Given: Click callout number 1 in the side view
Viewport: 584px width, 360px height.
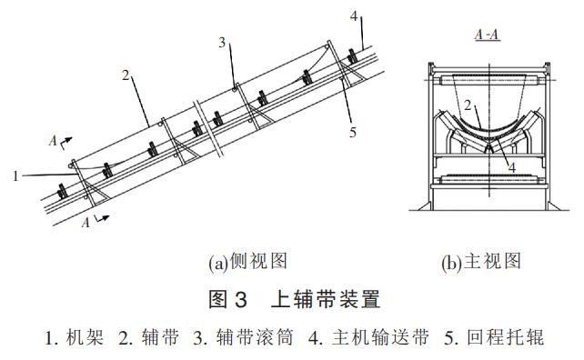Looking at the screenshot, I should (15, 176).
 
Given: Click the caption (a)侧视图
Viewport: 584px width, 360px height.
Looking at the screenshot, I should (248, 262).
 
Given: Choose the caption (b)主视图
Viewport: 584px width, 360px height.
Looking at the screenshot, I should (481, 262).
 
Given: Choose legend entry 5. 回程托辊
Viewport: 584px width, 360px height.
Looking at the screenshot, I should (494, 338).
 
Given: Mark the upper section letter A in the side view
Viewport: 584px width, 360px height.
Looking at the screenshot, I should (54, 143).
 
